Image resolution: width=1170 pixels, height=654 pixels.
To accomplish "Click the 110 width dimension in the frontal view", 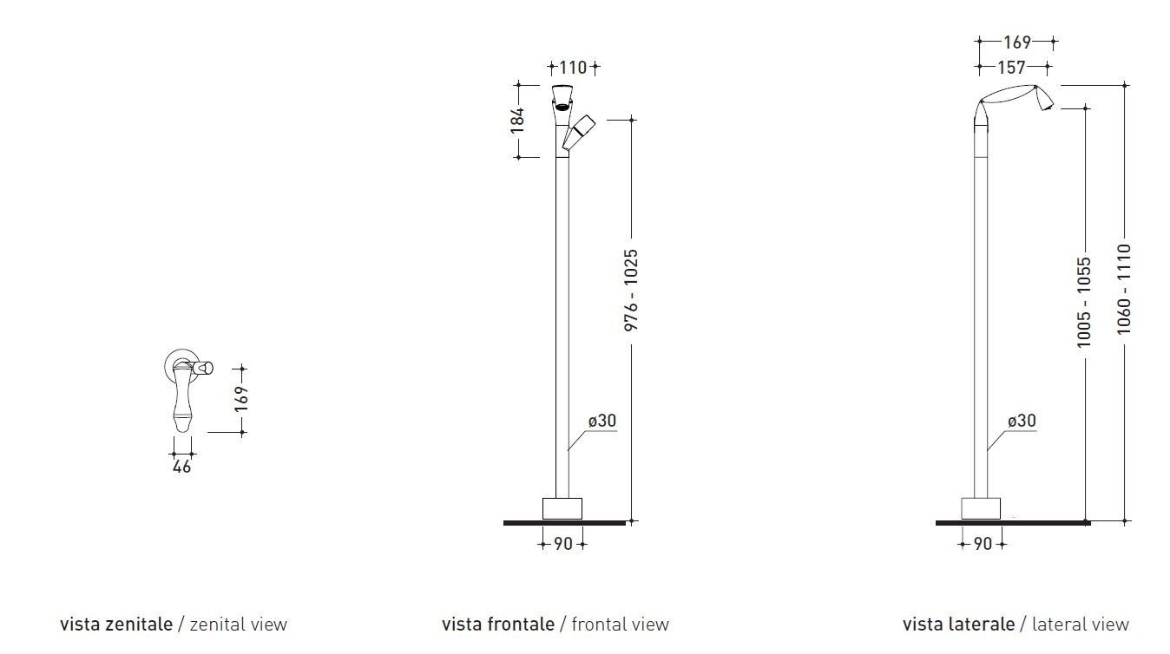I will coord(573,67).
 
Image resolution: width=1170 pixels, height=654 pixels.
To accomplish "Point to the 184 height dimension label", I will coord(518,120).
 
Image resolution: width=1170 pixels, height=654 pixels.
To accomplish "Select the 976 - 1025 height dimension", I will coord(631,290).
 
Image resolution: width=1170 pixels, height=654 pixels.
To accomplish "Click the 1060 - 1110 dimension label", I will coord(1125,289).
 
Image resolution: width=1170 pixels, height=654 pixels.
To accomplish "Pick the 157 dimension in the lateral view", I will coord(1011,67).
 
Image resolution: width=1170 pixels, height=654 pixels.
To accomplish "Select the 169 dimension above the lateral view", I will coord(1016,42).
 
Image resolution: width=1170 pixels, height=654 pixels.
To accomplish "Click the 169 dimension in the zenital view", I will coord(241,397).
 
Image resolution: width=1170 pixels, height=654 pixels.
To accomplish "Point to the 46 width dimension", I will coord(182,467).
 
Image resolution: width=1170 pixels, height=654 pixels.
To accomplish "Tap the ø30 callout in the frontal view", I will coord(601,421).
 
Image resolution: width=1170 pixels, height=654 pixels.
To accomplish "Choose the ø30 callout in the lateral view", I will coord(1022,421).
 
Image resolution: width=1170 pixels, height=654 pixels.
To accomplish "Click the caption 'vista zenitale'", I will coord(116,624).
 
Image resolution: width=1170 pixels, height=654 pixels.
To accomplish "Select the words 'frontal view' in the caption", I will coord(621,624).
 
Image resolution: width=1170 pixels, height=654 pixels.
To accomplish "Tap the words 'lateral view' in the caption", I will coord(1075,624).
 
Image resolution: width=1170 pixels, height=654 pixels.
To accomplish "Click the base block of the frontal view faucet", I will coord(562,508).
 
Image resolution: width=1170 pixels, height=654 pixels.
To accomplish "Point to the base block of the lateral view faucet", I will coord(982,508).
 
